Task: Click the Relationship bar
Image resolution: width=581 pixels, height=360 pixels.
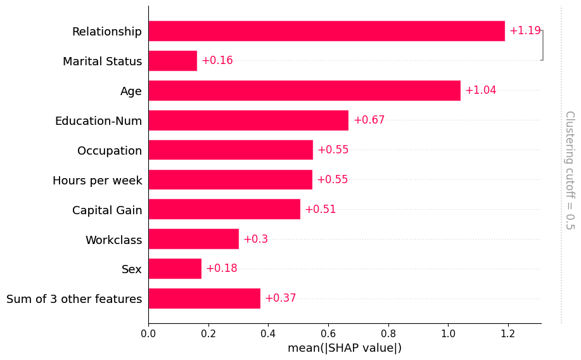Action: coord(326,31)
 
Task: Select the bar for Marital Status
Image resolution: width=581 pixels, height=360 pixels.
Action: coord(172,61)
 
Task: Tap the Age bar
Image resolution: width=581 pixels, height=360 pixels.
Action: coord(304,91)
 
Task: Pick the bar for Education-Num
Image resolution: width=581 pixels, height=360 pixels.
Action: coord(248,120)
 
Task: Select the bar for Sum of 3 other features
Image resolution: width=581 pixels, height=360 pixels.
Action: coord(204,299)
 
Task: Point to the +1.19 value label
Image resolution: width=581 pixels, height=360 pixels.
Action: coord(525,31)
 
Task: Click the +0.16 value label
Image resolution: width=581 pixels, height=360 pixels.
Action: coord(217,61)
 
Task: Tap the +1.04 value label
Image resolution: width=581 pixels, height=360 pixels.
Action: coord(480,91)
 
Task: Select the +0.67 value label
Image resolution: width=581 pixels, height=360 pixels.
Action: coord(369,120)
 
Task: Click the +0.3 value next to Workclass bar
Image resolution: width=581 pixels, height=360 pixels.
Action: coord(255,239)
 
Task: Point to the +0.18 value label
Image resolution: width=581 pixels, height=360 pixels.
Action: coord(221,269)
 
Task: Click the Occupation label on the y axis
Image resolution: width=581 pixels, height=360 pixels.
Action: coord(110,151)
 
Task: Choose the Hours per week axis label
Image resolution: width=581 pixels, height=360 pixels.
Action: coord(98,181)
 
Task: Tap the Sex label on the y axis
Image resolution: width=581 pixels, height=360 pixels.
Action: coord(132,269)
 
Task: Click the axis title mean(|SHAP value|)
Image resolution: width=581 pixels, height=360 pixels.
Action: coord(345,348)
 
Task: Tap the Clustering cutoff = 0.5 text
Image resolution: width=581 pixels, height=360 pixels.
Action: coord(569,170)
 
